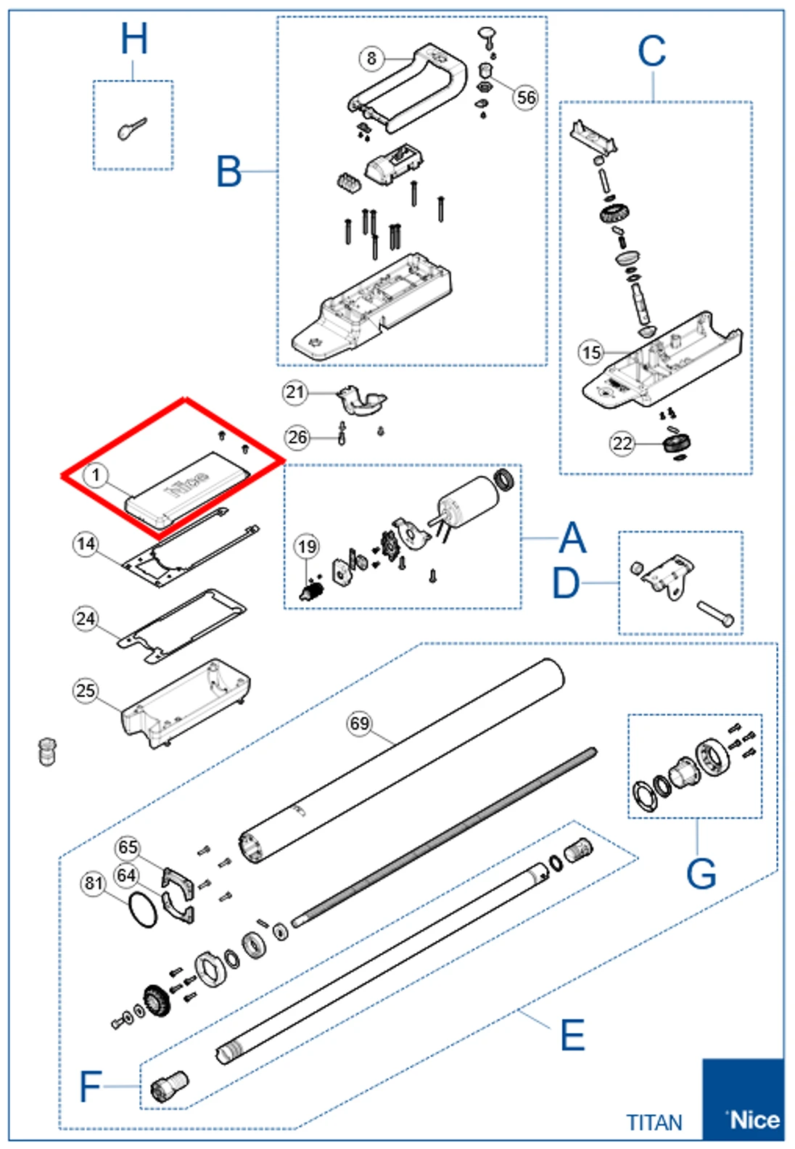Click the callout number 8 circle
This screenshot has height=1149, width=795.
coord(371,58)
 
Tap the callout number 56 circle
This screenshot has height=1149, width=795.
coord(526,96)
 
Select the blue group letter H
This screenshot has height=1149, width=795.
coord(134,39)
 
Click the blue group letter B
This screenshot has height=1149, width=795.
coord(229,173)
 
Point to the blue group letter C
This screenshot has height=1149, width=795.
coord(651,52)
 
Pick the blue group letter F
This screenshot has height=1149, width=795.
coord(90,1087)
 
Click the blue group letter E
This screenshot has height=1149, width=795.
coord(572,1035)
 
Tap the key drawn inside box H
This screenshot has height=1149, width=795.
coord(131,129)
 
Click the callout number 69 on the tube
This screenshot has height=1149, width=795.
coord(360,723)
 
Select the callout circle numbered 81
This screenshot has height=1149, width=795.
coord(94,883)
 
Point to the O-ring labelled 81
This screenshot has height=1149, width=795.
coord(143,910)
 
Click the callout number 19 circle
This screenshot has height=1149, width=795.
coord(307,546)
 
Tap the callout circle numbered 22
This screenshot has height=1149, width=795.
coord(622,443)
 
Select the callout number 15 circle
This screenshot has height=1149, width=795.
coord(591,353)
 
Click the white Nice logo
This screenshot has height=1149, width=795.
coord(753,1119)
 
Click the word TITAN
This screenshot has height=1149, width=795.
coord(654,1123)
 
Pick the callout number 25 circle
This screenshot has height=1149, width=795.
coord(86,690)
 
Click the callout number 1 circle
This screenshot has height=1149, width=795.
coord(95,476)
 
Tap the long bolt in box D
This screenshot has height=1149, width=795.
coord(715,613)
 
